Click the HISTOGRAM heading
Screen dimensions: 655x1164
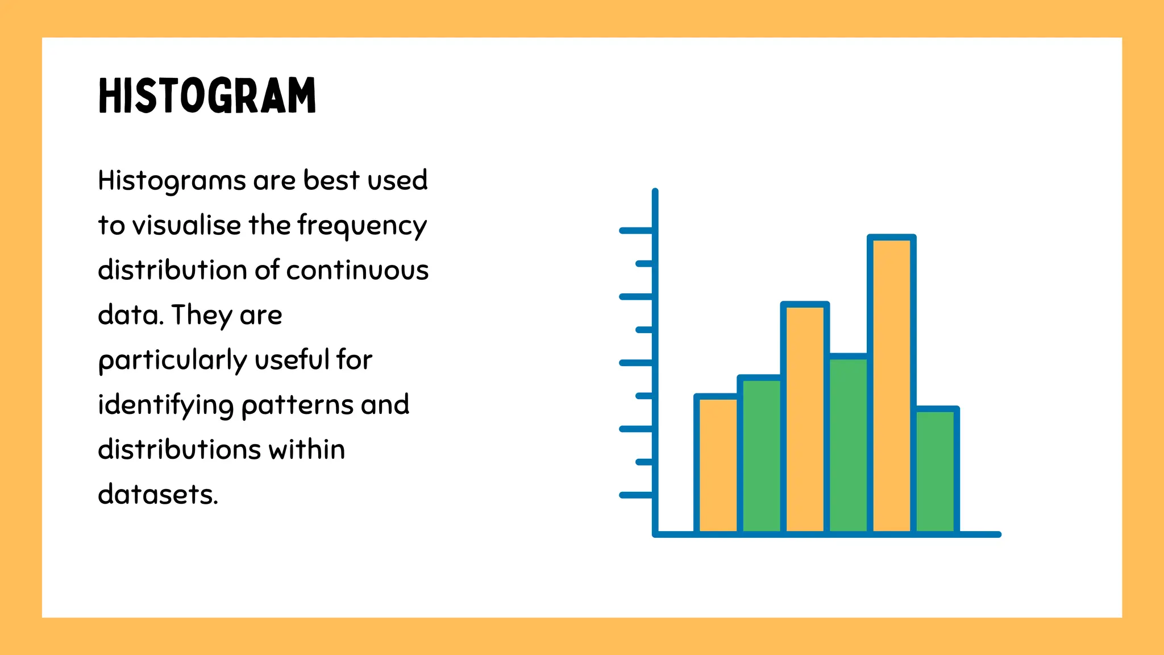[x=207, y=96]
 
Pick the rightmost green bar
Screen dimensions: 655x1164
[x=935, y=471]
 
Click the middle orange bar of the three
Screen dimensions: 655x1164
[x=805, y=418]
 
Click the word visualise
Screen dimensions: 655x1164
[x=187, y=225]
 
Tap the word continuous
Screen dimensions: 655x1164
[x=357, y=270]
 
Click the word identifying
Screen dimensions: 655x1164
[x=165, y=405]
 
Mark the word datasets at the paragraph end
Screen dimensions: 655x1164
[x=157, y=495]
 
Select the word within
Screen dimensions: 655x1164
[x=306, y=450]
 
